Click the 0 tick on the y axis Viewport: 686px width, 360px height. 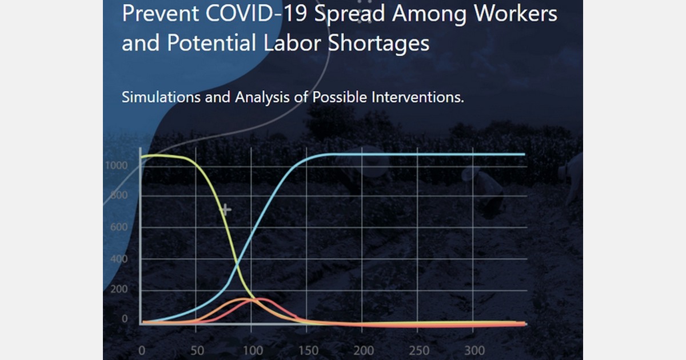click(125, 319)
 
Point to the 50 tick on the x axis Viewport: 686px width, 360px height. click(196, 350)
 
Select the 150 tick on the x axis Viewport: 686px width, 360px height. click(307, 350)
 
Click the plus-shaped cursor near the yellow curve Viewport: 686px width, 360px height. click(226, 210)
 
